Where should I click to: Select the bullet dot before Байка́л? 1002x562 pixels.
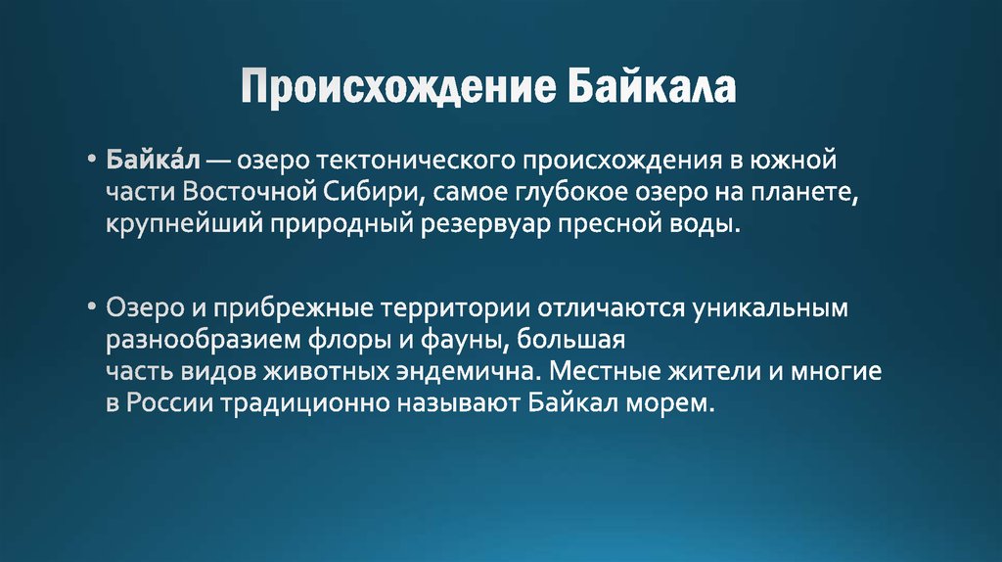coord(90,158)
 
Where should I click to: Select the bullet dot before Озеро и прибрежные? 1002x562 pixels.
coord(90,307)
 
